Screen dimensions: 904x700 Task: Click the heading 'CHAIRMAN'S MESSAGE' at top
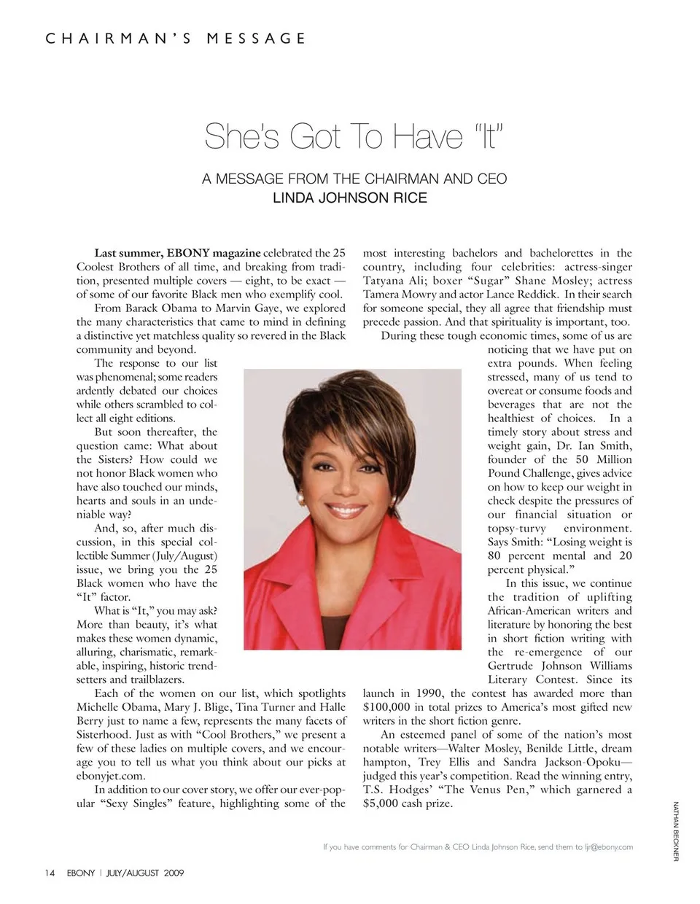point(176,38)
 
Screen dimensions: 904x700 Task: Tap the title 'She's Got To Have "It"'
point(354,136)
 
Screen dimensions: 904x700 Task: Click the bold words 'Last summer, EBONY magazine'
point(177,254)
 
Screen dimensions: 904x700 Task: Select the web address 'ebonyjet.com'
point(110,776)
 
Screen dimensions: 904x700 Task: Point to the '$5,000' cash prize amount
point(384,803)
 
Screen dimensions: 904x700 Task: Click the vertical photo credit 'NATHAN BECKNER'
point(676,831)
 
